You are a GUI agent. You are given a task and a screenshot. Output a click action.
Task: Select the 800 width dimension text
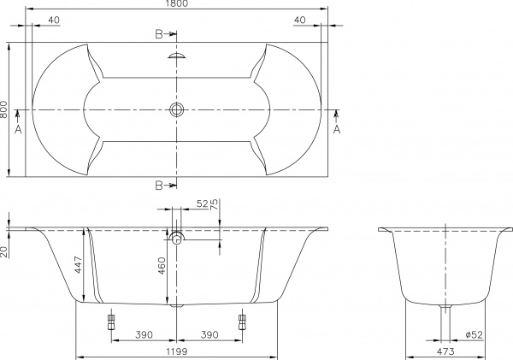coord(5,109)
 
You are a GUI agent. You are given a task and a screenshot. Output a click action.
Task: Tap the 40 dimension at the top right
coord(299,19)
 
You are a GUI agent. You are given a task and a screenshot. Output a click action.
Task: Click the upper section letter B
coord(159,35)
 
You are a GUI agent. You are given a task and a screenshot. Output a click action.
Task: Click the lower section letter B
coord(159,185)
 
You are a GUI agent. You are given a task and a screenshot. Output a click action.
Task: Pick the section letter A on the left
coord(18,129)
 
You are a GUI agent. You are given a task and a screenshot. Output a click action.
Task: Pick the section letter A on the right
coord(337,129)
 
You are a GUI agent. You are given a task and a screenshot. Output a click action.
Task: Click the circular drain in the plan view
coord(177,109)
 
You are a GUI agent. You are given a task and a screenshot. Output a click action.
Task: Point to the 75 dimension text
coord(215,205)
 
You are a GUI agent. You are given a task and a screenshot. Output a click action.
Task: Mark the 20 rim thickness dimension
coord(5,251)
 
